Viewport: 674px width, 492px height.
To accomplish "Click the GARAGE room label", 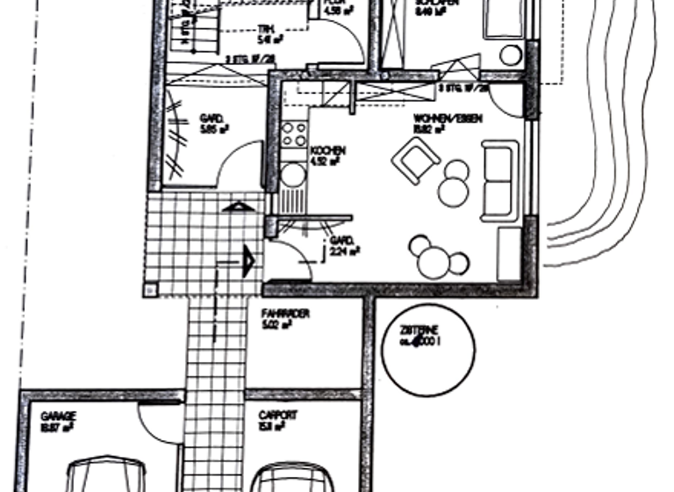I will (x=59, y=416).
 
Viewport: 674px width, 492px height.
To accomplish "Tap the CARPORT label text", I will (x=277, y=415).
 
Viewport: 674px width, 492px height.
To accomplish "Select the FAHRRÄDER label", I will (x=285, y=313).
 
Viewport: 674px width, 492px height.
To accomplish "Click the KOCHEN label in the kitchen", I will (x=328, y=151).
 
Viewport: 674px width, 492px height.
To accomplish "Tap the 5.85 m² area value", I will (x=215, y=129).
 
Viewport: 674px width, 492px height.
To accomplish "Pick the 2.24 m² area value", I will (x=343, y=250).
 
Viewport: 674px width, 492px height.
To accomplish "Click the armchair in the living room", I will (x=417, y=161).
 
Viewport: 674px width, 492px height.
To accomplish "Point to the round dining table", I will (x=434, y=260).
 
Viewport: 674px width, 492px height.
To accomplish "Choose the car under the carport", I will (x=292, y=479).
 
